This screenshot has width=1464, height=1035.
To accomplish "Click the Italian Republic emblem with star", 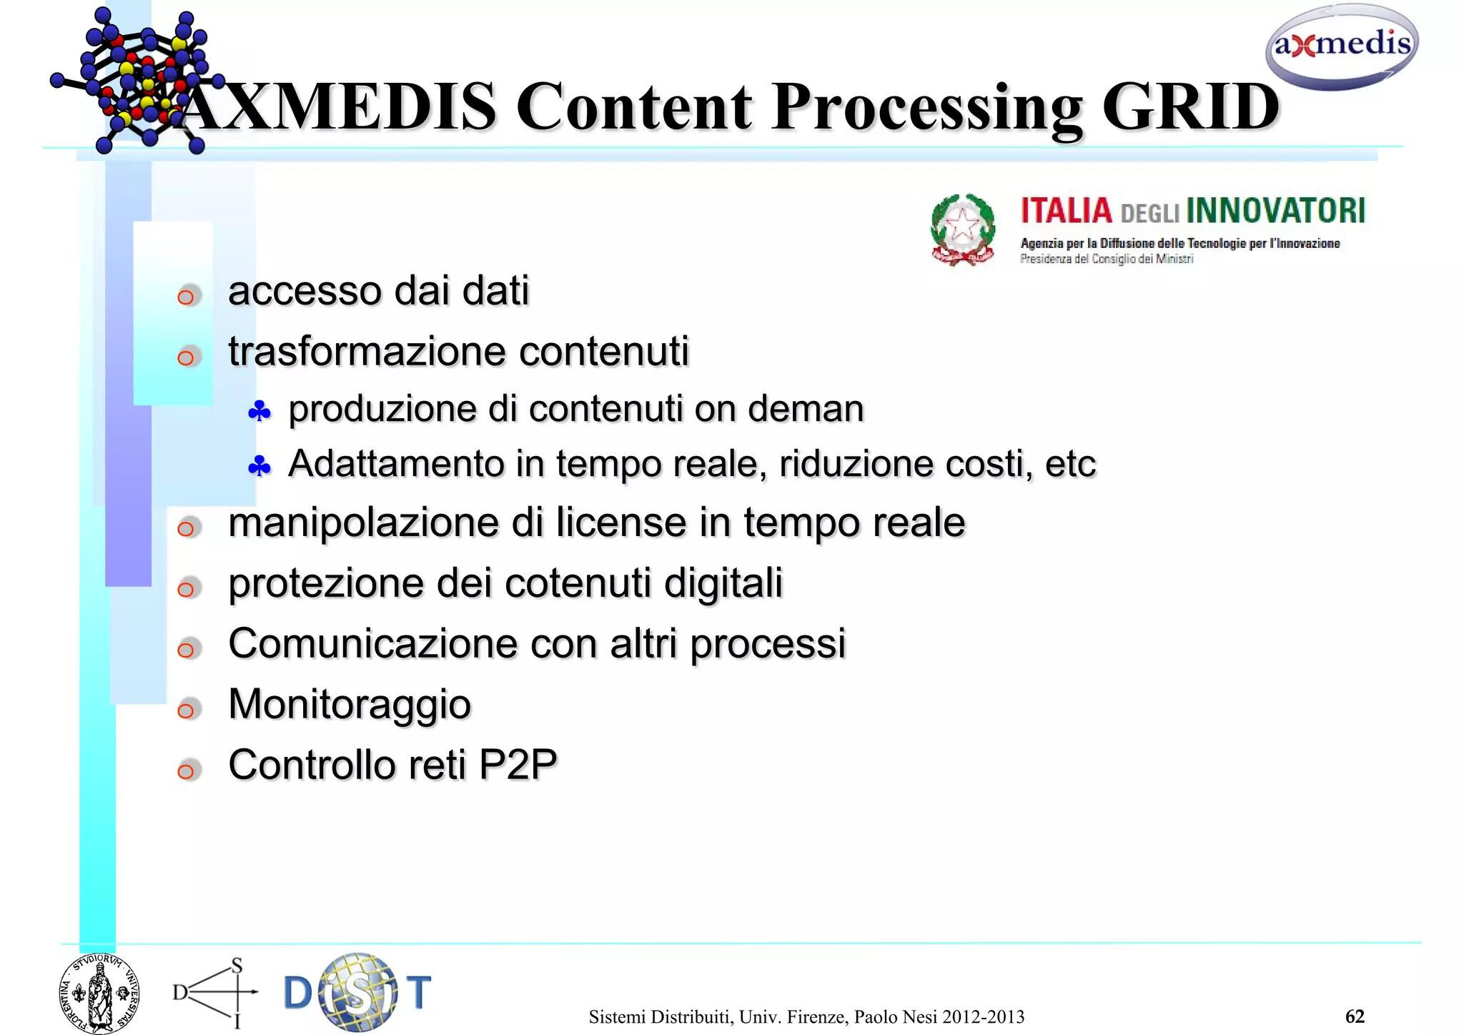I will pyautogui.click(x=962, y=229).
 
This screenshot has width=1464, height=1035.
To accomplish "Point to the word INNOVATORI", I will pyautogui.click(x=1275, y=212).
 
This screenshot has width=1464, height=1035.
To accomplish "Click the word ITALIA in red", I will pyautogui.click(x=1066, y=212).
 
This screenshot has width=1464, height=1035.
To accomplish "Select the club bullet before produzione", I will pyautogui.click(x=259, y=411).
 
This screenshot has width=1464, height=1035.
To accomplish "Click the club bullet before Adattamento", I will pyautogui.click(x=259, y=467).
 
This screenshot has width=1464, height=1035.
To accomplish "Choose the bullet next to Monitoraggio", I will pyautogui.click(x=187, y=710).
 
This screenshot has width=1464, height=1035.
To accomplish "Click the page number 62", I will pyautogui.click(x=1354, y=1016).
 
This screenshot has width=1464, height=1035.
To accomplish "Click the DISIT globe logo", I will pyautogui.click(x=357, y=992).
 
